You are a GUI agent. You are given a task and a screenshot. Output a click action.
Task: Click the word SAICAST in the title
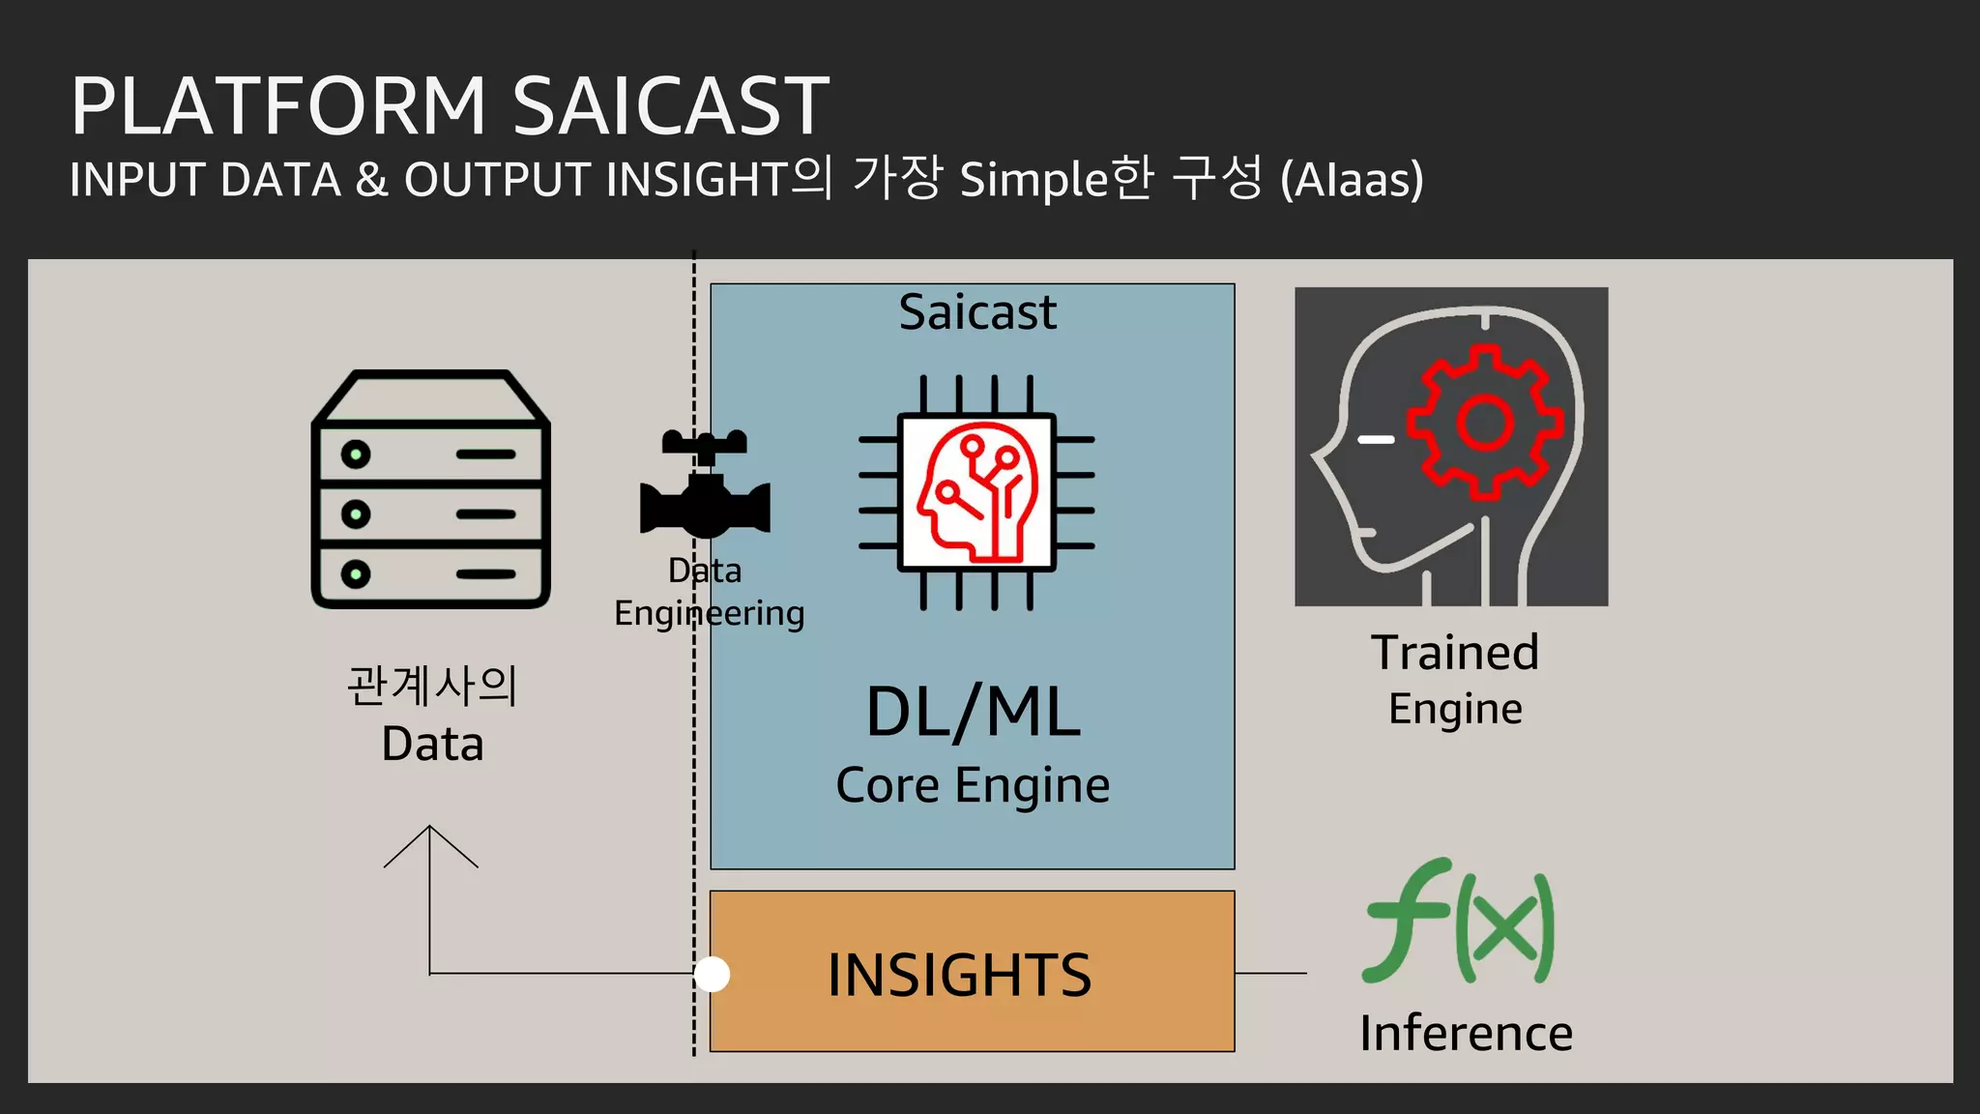(670, 106)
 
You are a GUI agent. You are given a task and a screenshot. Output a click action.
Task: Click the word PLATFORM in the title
(278, 106)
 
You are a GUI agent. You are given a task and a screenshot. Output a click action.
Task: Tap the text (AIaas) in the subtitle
(1352, 181)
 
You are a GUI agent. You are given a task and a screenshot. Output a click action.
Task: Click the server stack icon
(431, 489)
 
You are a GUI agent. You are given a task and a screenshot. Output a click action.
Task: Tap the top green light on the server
(356, 454)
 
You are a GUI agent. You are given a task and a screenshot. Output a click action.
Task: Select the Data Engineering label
(708, 592)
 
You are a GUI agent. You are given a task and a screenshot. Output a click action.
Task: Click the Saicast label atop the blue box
(976, 312)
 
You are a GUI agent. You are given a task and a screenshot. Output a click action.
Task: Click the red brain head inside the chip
(976, 492)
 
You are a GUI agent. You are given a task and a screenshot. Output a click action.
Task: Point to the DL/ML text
(973, 713)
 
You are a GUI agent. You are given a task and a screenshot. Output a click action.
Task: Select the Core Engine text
(973, 785)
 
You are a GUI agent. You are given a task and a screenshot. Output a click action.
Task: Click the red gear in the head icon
(1484, 423)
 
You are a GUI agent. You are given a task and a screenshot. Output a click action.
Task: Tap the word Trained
(1454, 653)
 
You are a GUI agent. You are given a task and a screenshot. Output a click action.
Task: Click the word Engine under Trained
(1454, 710)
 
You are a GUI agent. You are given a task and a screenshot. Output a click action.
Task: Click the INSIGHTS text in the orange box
(959, 975)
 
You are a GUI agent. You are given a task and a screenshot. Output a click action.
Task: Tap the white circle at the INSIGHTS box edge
(713, 974)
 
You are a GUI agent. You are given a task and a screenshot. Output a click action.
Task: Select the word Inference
(1466, 1033)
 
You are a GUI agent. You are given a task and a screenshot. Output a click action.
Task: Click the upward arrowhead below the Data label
(430, 841)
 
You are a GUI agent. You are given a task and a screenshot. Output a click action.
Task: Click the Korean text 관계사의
(432, 687)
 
